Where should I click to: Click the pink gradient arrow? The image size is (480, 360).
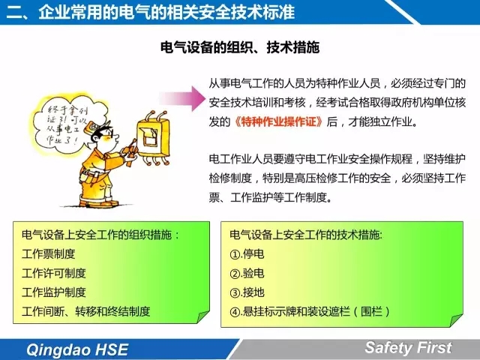click(183, 98)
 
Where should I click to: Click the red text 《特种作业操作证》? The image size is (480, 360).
click(278, 121)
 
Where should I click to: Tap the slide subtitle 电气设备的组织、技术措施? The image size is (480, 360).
click(240, 47)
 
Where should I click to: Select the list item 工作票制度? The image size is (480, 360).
click(48, 253)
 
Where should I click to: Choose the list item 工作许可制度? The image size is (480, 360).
click(54, 273)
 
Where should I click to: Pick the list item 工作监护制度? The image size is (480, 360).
click(54, 292)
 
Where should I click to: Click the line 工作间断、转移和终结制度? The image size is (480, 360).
click(86, 311)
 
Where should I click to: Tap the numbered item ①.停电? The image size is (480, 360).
click(247, 253)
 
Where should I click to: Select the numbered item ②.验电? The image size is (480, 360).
click(247, 273)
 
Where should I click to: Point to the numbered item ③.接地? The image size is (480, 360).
click(247, 292)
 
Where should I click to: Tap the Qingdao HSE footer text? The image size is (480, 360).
click(77, 349)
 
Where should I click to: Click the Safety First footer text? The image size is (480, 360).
click(408, 347)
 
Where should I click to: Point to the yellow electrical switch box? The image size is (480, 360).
click(153, 138)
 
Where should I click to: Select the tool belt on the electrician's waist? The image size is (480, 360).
click(91, 176)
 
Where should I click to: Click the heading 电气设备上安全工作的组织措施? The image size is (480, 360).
click(100, 235)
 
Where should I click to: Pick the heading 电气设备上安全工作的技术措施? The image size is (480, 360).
click(306, 235)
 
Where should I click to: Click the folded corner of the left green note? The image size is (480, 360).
click(202, 316)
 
